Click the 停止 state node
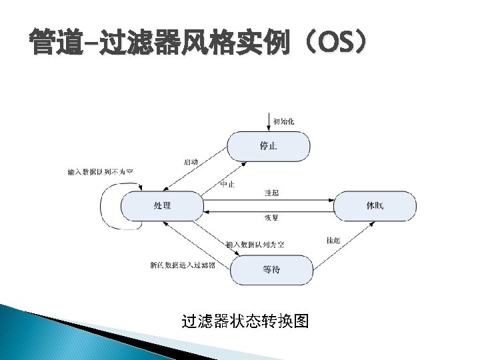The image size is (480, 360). (268, 145)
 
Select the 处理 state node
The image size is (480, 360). (163, 205)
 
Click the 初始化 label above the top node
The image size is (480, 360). (283, 121)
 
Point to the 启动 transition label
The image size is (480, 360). (190, 162)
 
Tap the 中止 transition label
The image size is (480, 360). (227, 184)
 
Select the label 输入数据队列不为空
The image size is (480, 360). (100, 172)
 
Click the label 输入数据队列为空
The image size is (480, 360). (255, 245)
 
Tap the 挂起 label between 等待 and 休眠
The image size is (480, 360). (333, 240)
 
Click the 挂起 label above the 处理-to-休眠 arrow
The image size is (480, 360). (271, 193)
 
